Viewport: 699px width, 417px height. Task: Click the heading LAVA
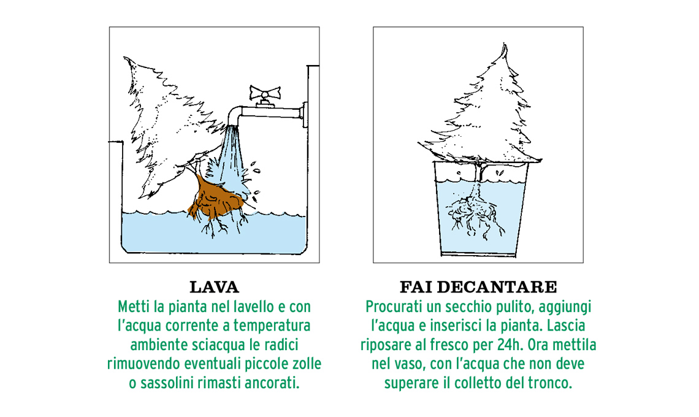(x=215, y=287)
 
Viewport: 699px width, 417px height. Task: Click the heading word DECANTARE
(x=497, y=287)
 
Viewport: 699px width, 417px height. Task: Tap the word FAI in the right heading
(x=416, y=287)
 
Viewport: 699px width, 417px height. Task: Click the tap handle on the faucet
(x=265, y=93)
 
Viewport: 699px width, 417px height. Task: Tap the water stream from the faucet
(x=232, y=156)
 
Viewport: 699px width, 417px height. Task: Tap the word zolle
(x=306, y=364)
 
